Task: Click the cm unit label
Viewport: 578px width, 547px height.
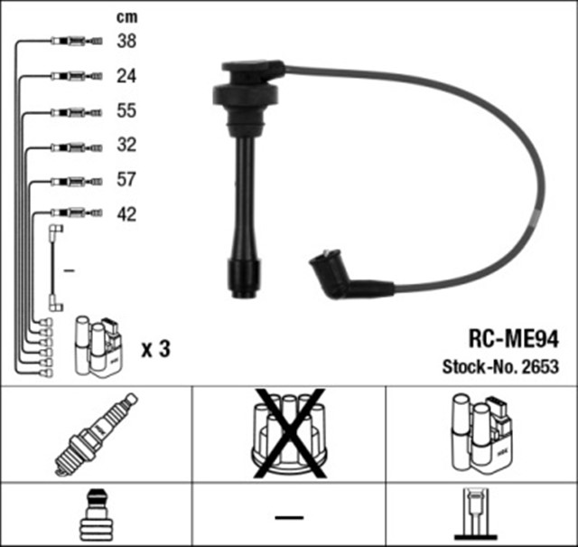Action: (126, 16)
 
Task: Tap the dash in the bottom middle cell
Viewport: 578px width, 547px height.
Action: (289, 516)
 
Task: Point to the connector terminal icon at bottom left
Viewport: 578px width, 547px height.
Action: (96, 514)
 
